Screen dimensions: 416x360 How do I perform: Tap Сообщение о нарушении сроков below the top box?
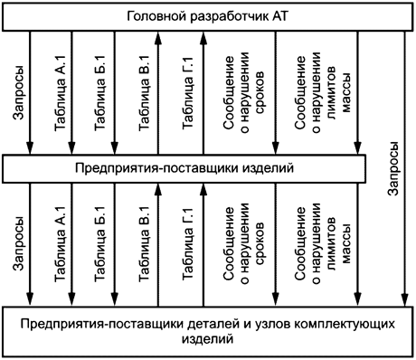[x=238, y=91]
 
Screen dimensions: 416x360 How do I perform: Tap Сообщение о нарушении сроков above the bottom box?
[x=238, y=245]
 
